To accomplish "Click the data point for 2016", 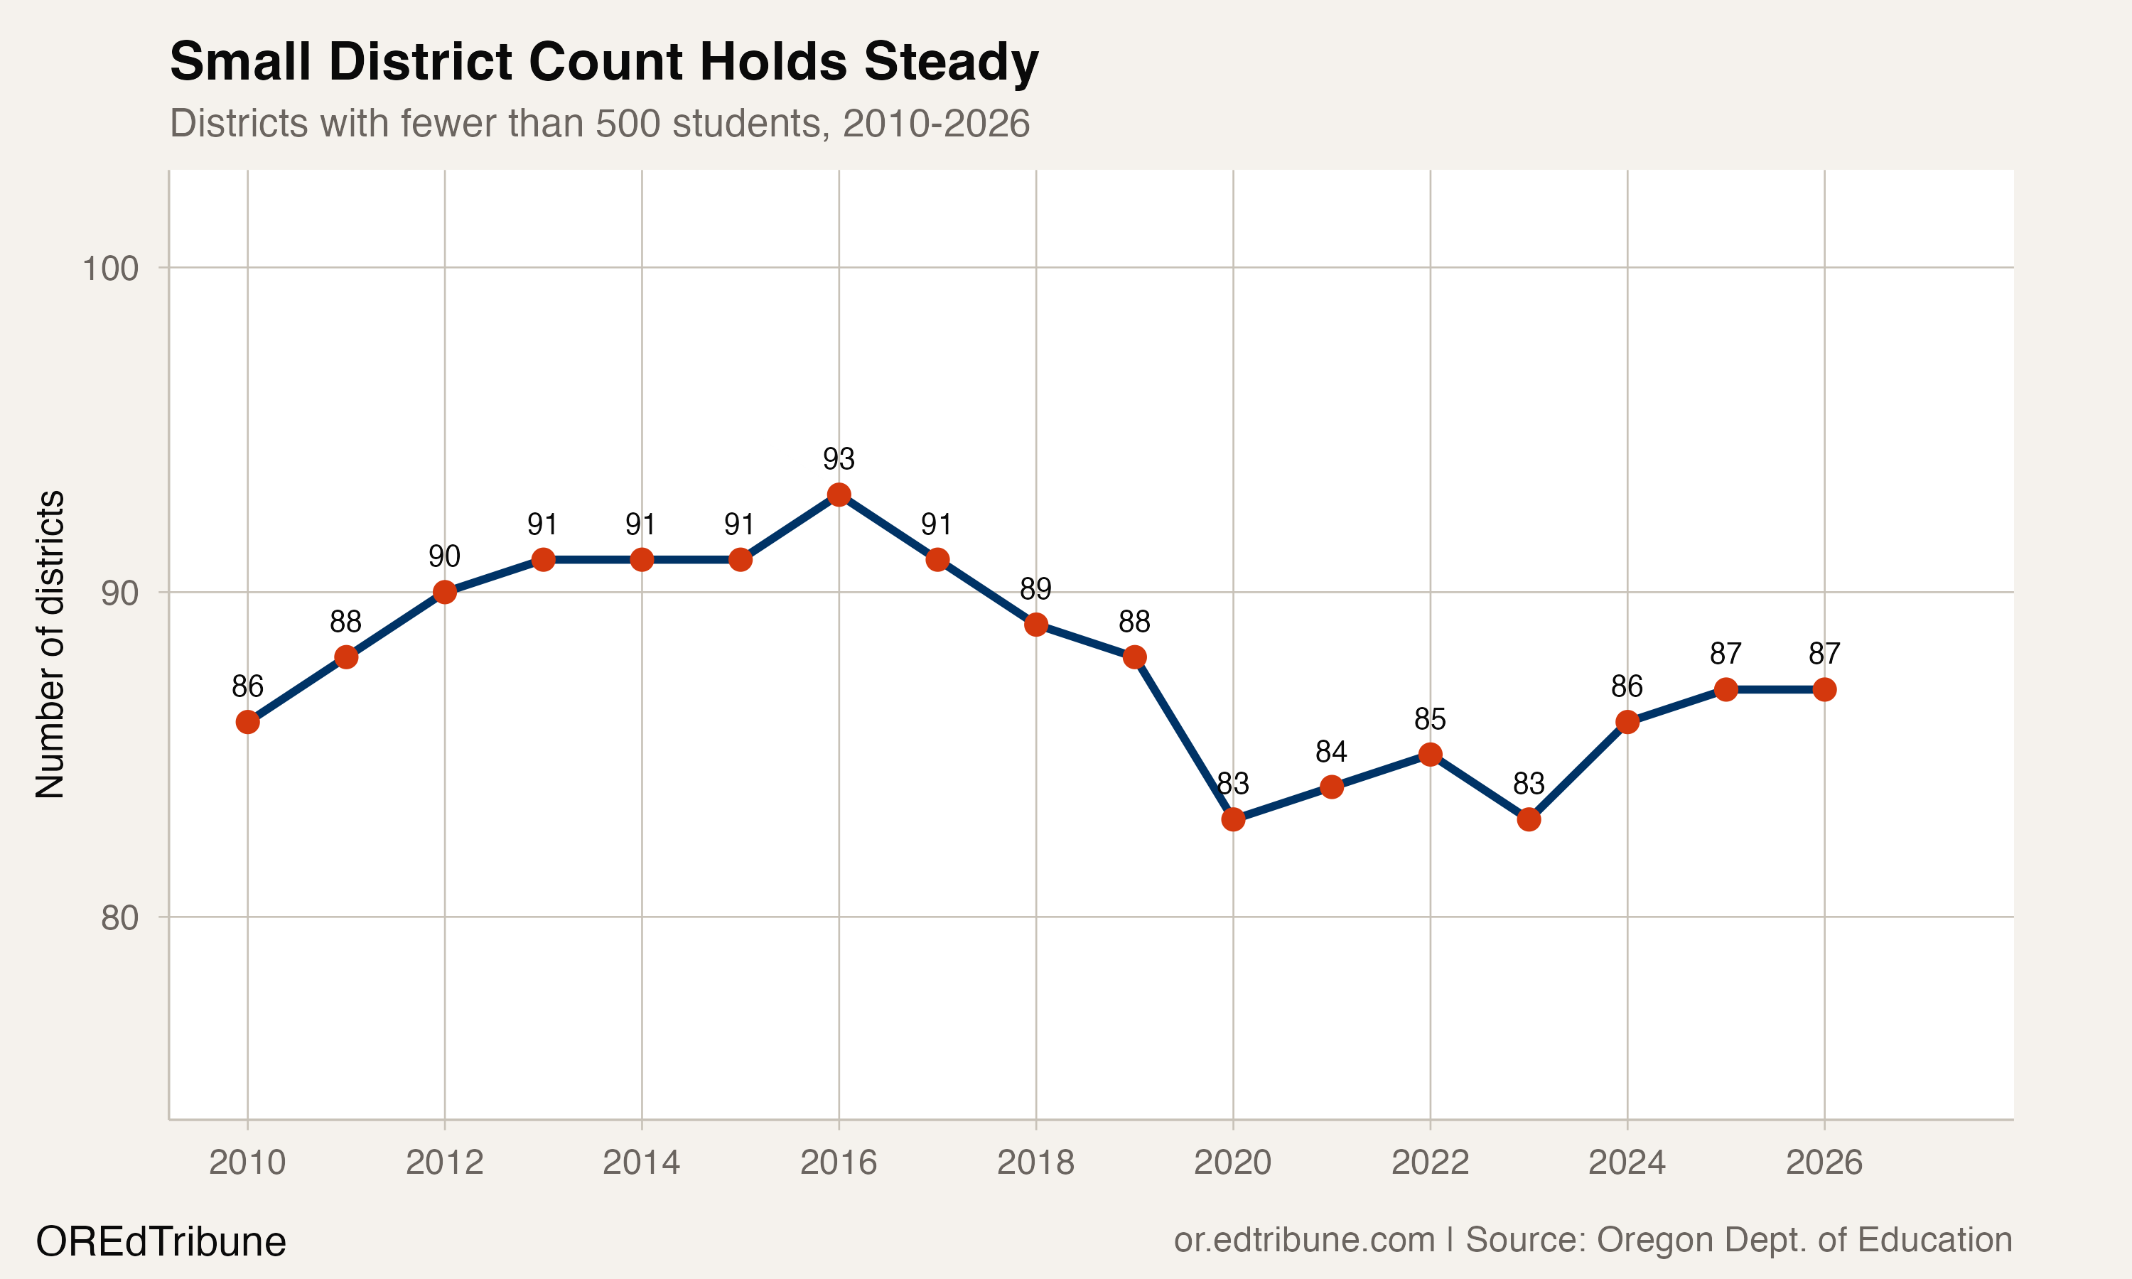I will coord(839,495).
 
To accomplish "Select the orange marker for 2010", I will coord(247,722).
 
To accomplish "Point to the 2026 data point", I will coord(1824,689).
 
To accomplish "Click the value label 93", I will coord(839,459).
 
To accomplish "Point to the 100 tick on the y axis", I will coord(110,269).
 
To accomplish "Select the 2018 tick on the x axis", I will coord(1036,1162).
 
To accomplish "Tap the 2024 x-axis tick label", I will coord(1627,1162).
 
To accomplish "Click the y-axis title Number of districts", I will coord(50,644).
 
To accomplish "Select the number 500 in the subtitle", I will coord(629,123).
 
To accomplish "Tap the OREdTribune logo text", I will coord(161,1242).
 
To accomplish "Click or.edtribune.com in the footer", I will coord(1304,1240).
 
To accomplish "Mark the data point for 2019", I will coord(1135,657).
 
